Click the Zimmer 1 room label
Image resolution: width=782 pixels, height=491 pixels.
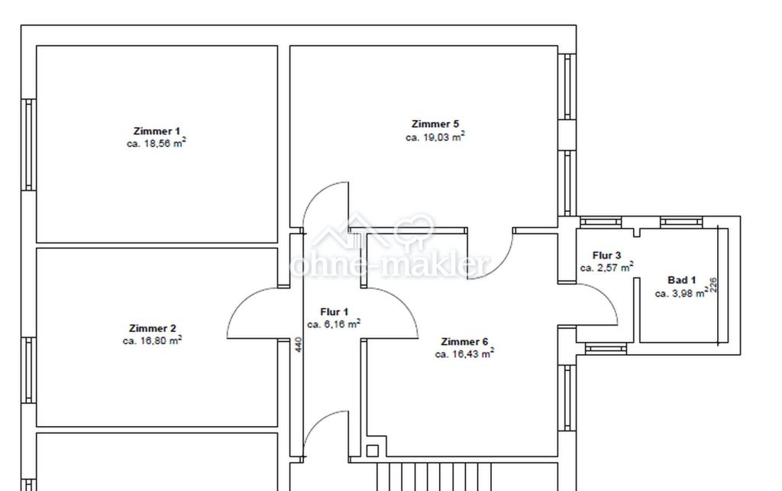tap(157, 132)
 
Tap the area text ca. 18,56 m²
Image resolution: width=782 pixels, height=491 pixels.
tap(157, 143)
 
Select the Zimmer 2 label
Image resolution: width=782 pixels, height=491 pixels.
tap(152, 329)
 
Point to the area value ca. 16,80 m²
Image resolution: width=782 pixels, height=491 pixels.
tap(152, 340)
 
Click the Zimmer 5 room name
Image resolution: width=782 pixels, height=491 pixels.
tap(435, 124)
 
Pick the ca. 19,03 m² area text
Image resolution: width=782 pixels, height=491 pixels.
tap(435, 136)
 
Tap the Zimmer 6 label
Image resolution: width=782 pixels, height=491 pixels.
tap(464, 342)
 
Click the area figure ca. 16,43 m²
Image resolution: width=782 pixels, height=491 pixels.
tap(464, 353)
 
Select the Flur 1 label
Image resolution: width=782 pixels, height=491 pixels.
tap(334, 312)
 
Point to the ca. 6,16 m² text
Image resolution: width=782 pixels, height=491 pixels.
tap(334, 324)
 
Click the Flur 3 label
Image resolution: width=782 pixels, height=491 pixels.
tap(606, 255)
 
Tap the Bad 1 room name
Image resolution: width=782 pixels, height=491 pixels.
tap(681, 280)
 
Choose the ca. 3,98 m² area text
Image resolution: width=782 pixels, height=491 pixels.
tap(681, 293)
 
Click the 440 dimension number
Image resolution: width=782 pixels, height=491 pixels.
tap(299, 345)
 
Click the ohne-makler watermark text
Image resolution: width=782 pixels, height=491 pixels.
tap(390, 264)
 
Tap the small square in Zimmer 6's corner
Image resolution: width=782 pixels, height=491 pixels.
tap(372, 451)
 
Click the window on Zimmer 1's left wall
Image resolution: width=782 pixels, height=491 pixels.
tap(28, 145)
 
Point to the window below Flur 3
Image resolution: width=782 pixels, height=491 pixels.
tap(606, 349)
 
